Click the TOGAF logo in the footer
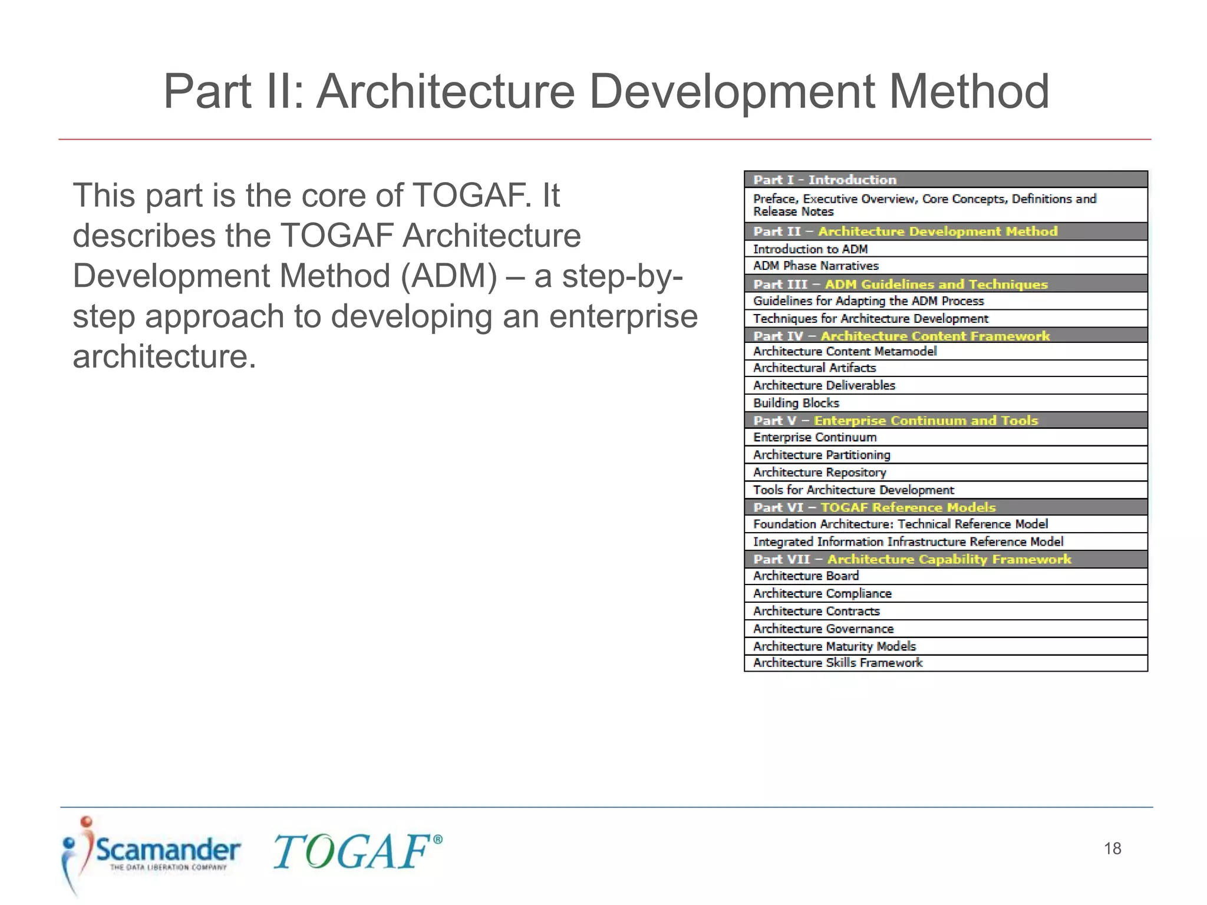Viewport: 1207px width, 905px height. (x=357, y=851)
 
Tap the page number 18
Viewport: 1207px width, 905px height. (x=1112, y=848)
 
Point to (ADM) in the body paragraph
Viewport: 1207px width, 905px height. (x=448, y=276)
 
